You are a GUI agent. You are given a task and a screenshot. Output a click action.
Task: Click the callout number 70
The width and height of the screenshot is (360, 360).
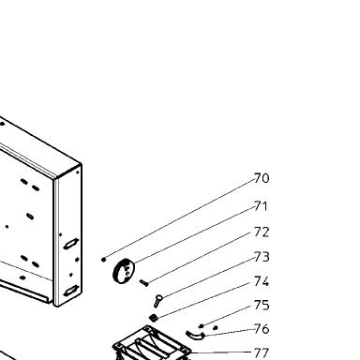coord(262,178)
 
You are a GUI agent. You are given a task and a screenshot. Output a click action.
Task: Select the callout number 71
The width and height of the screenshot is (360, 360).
coord(262,206)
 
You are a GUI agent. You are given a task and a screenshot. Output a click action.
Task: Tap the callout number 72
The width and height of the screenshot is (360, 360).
coord(262,232)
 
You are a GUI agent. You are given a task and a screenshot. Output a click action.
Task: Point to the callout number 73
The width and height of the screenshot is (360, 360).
coord(262,257)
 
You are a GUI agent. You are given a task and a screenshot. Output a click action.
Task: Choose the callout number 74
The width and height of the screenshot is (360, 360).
coord(262,281)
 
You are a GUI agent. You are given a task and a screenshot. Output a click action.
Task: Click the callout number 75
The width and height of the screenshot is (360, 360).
coord(262,306)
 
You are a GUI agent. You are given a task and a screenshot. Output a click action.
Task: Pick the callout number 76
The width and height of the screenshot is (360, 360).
coord(262,329)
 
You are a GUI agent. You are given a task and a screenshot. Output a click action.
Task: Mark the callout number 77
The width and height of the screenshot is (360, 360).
coord(262,353)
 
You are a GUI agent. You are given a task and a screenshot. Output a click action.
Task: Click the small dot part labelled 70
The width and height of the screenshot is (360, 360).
coord(104,260)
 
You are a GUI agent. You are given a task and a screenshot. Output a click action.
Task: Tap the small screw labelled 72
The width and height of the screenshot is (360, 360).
coord(144,283)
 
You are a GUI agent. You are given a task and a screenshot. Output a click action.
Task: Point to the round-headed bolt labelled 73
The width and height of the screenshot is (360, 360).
coord(157,301)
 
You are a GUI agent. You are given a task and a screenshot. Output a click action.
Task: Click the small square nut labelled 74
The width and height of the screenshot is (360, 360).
coord(153,318)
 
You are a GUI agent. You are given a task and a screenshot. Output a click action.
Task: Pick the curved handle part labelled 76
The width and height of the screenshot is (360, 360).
coord(194,336)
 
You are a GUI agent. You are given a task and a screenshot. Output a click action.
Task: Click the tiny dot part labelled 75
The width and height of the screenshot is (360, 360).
coord(202,326)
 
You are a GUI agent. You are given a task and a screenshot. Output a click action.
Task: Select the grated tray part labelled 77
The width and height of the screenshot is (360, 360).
coord(152,344)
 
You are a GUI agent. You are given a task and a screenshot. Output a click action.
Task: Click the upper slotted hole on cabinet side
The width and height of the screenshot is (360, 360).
coord(71,244)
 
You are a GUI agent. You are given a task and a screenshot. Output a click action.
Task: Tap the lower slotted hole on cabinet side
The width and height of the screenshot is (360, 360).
coord(71,291)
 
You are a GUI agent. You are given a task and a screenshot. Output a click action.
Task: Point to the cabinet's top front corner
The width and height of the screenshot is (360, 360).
coord(55,179)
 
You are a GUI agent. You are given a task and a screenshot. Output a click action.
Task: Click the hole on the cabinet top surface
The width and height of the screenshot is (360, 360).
coord(3,124)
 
